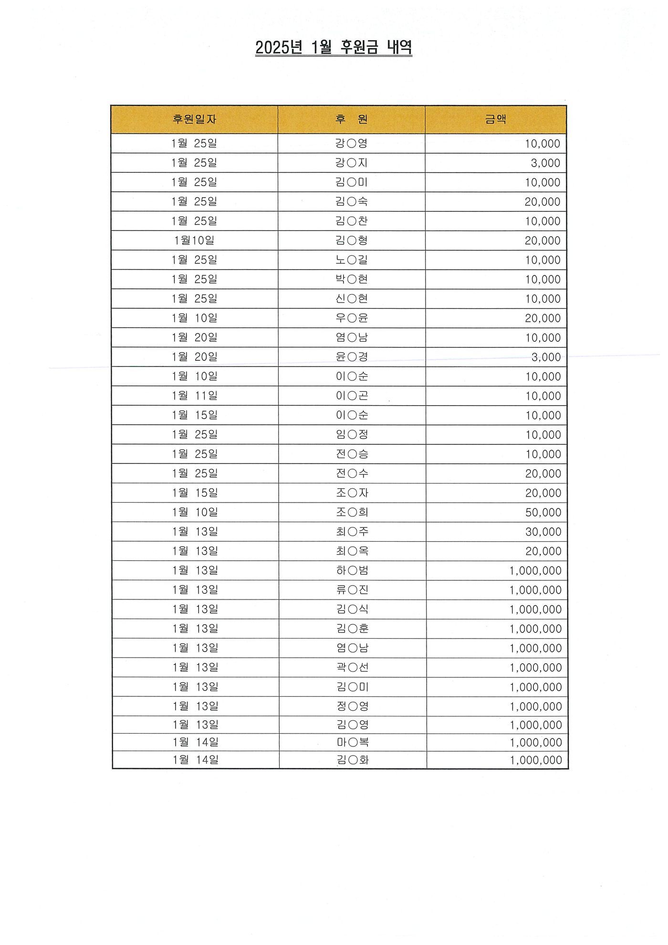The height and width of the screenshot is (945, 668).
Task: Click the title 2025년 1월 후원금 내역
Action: tap(334, 48)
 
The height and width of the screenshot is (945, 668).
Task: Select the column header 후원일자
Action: tap(194, 119)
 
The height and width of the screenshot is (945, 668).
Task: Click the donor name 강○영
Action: tap(352, 143)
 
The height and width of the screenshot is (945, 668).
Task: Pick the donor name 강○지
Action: tap(352, 163)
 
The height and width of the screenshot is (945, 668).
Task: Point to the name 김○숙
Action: tap(352, 201)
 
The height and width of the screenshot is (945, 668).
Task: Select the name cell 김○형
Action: tap(352, 241)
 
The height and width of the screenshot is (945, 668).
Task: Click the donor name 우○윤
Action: tap(352, 318)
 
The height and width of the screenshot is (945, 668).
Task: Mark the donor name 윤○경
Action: tap(352, 357)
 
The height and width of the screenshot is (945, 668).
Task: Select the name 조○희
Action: tap(352, 512)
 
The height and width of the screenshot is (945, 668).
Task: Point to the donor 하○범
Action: tap(352, 570)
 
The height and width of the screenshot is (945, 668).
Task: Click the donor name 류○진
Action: tap(352, 590)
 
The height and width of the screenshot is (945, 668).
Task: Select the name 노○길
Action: tap(352, 260)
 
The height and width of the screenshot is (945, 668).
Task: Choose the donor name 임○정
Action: tap(352, 434)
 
